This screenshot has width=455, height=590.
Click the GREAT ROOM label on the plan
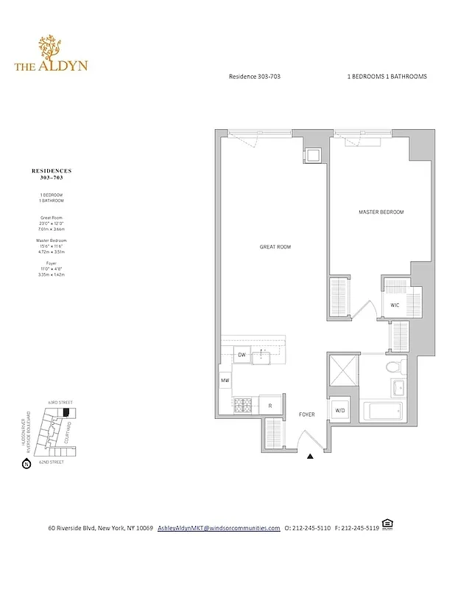tap(275, 247)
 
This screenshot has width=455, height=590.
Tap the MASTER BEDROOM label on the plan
tap(381, 212)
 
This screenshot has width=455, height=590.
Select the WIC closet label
tap(395, 305)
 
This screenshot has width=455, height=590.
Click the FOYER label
tap(307, 414)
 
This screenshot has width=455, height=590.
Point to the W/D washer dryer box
tap(340, 410)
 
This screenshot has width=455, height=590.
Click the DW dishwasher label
tap(241, 355)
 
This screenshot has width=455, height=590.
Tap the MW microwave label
tap(225, 380)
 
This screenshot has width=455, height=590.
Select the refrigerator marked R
tap(270, 405)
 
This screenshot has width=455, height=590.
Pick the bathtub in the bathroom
tap(384, 411)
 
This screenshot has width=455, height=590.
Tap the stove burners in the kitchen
tap(244, 404)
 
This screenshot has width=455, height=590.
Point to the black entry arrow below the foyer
tap(310, 458)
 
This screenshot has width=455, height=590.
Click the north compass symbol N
tap(26, 464)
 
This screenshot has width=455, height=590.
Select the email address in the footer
tap(219, 528)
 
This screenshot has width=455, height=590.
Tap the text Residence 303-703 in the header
tap(255, 77)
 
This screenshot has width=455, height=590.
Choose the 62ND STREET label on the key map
tap(51, 462)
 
